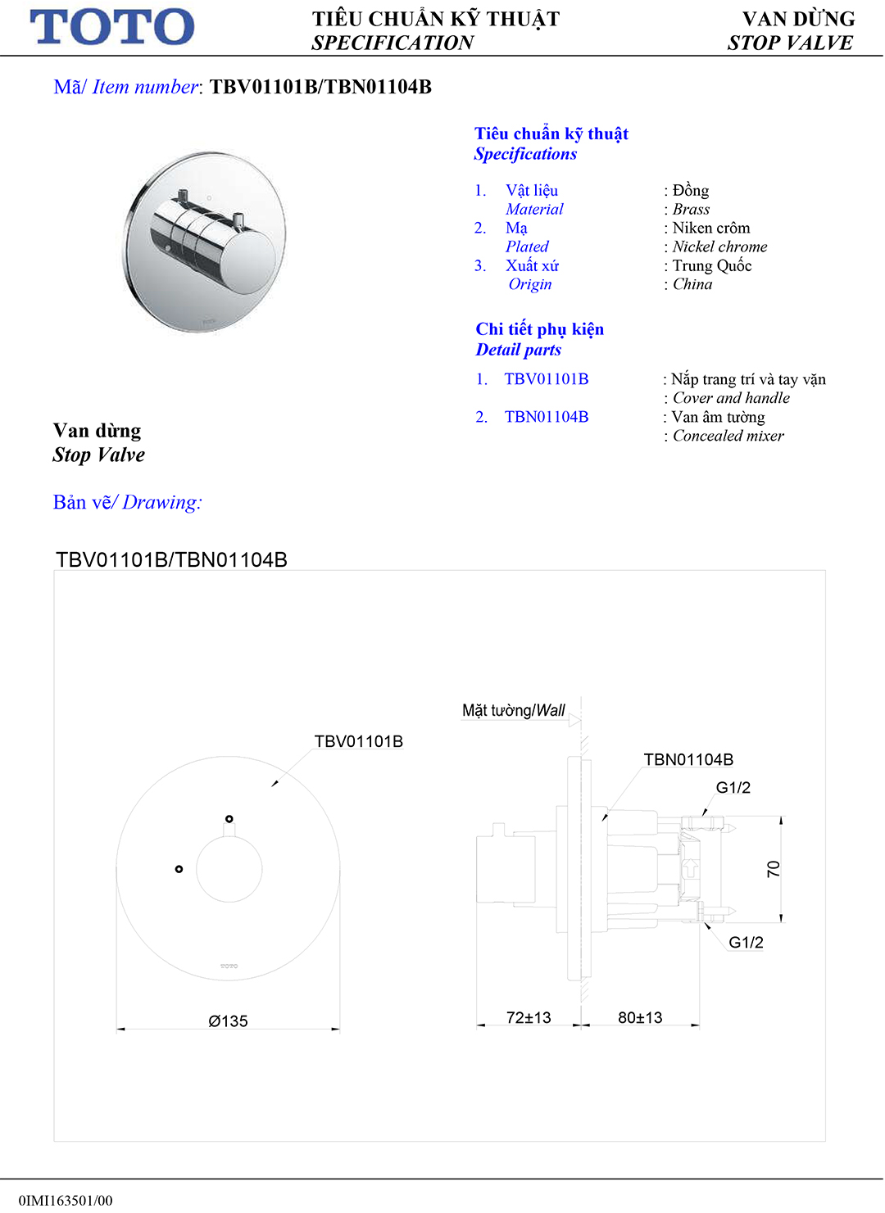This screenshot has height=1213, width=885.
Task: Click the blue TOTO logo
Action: tap(112, 27)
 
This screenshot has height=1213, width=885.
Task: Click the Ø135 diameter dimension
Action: tap(228, 1021)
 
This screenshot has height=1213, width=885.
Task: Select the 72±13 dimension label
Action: tap(529, 1017)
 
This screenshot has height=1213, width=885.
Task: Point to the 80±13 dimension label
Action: tap(640, 1017)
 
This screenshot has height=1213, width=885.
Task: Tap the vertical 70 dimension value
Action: tap(773, 869)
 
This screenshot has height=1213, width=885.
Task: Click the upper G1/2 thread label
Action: tap(733, 788)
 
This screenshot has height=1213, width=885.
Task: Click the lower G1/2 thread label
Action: tap(746, 942)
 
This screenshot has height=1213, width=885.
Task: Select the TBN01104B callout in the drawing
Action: tap(688, 759)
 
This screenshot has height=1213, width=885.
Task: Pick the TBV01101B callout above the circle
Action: tap(358, 741)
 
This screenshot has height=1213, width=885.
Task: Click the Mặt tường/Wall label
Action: tap(514, 710)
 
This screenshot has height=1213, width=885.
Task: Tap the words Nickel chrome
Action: tap(719, 247)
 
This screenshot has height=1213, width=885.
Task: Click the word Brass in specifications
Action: tap(691, 209)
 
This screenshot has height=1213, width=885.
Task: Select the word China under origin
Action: tap(692, 284)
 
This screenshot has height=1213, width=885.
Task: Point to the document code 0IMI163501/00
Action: tap(66, 1200)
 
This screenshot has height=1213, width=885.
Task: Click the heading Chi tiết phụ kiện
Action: tap(539, 329)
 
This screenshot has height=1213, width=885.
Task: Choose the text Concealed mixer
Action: tap(728, 436)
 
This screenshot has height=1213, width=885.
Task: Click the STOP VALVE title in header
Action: tap(790, 43)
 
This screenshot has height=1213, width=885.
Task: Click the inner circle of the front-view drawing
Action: tap(229, 869)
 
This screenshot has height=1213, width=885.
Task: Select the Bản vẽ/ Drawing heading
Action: tap(127, 502)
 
